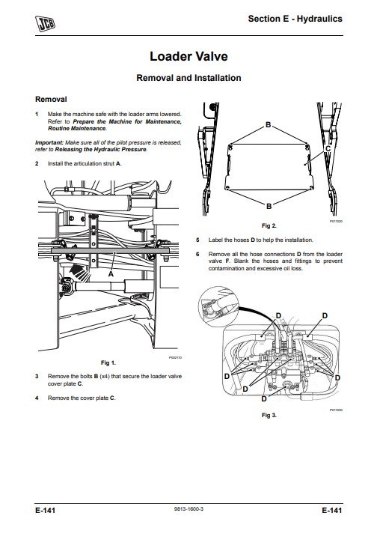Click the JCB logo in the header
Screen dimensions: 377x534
point(45,24)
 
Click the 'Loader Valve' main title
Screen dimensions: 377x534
point(188,56)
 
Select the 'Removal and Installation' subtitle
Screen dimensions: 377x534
point(188,78)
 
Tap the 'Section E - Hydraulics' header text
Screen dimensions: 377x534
point(295,19)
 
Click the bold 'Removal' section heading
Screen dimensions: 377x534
point(51,100)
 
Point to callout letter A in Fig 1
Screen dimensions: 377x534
point(111,274)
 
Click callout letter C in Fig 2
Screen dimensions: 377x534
point(328,149)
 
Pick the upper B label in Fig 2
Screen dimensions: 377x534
point(268,124)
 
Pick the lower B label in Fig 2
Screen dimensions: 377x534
point(269,206)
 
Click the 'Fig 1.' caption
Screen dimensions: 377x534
point(108,363)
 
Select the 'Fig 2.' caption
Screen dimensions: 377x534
point(269,225)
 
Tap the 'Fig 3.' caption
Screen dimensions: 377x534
point(269,415)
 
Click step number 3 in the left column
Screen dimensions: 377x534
point(37,376)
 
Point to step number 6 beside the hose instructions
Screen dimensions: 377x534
point(197,254)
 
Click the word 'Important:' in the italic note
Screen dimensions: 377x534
point(49,142)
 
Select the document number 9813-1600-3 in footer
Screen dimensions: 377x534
point(188,509)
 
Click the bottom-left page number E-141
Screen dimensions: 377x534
point(45,510)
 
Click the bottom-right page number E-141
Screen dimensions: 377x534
point(332,510)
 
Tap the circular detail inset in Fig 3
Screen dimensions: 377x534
point(218,306)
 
